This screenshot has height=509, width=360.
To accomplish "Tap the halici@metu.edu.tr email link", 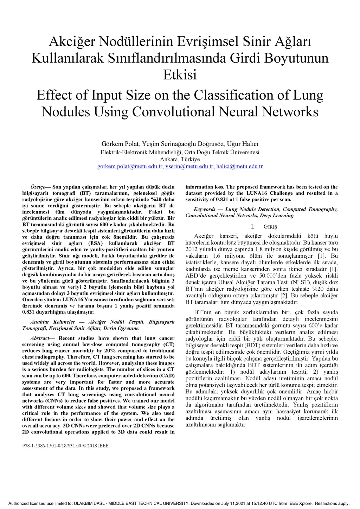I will [x=239, y=166].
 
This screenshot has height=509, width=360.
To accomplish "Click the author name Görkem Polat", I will [x=121, y=144].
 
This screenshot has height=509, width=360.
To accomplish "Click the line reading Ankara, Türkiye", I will [x=180, y=159].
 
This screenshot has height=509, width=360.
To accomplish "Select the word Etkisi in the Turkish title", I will [x=180, y=75].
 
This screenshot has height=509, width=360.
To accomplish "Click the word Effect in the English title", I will [x=54, y=95].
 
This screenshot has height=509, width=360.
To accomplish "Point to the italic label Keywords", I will [x=204, y=210].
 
